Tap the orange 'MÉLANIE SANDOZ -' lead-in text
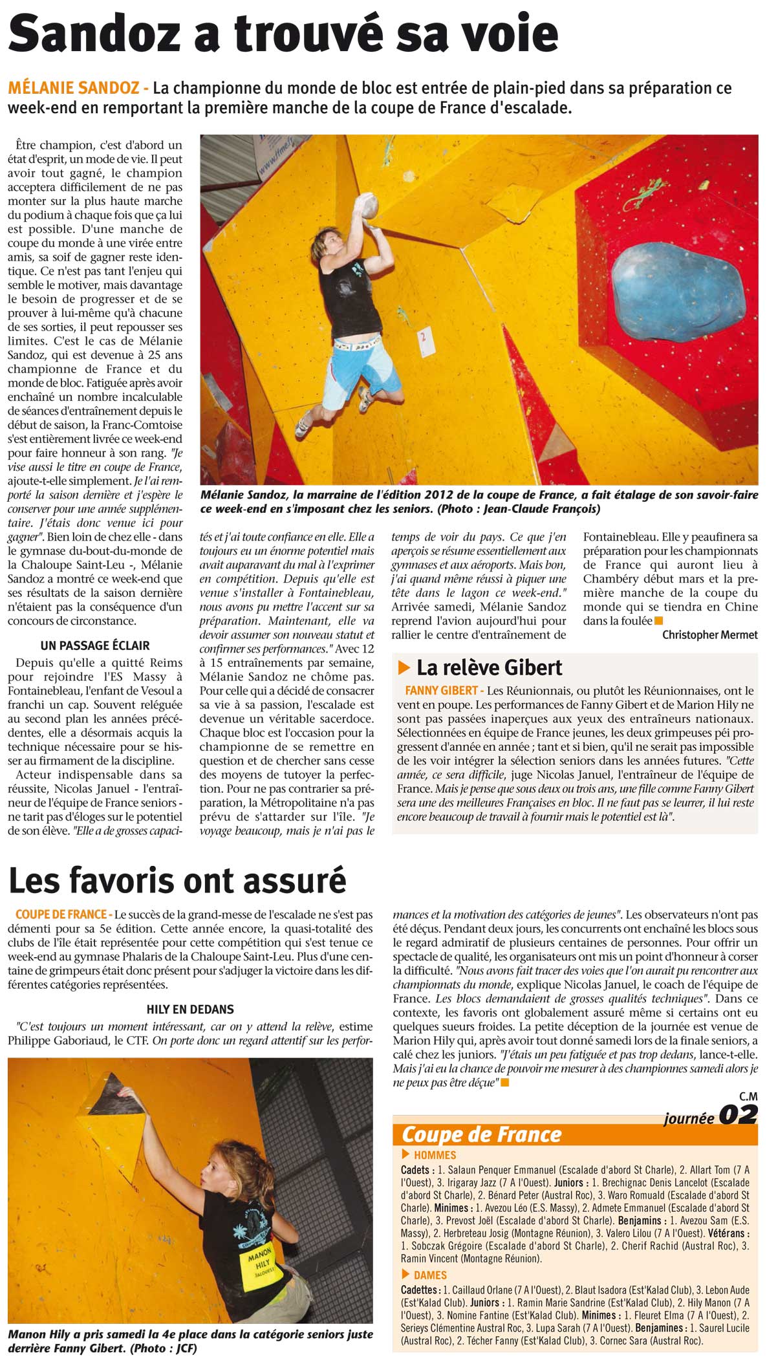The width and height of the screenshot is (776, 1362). coord(78,89)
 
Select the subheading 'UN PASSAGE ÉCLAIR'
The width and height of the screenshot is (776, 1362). coord(95,645)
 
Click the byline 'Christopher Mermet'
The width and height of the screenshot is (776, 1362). coord(709,635)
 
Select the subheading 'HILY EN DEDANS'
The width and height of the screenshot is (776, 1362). coord(190,1009)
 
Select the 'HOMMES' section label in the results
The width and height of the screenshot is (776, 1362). coord(435,1154)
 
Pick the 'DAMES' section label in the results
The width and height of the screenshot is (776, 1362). coord(430,1275)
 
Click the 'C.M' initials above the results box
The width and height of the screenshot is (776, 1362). coord(748,1096)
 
